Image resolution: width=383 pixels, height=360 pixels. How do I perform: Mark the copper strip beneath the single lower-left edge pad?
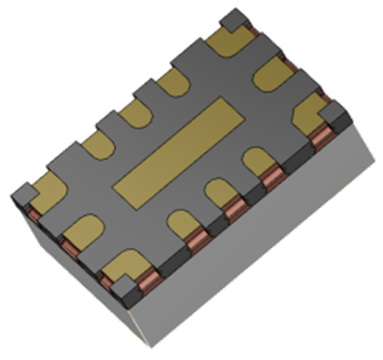(72, 248)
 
